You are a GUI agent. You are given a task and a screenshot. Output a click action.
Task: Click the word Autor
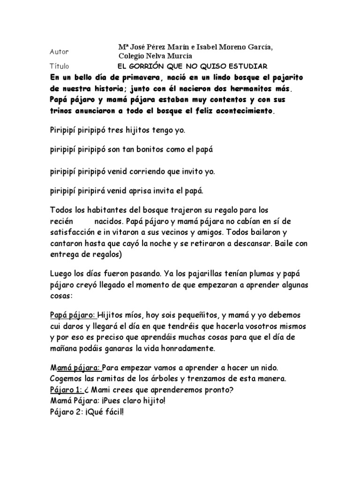coord(59,52)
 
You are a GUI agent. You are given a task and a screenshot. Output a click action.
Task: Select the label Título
coord(59,67)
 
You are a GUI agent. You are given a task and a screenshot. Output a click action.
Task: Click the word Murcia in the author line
coord(172,56)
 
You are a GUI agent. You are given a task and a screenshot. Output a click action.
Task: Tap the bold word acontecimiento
coord(241,111)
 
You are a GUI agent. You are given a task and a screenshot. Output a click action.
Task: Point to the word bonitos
coord(140,150)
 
